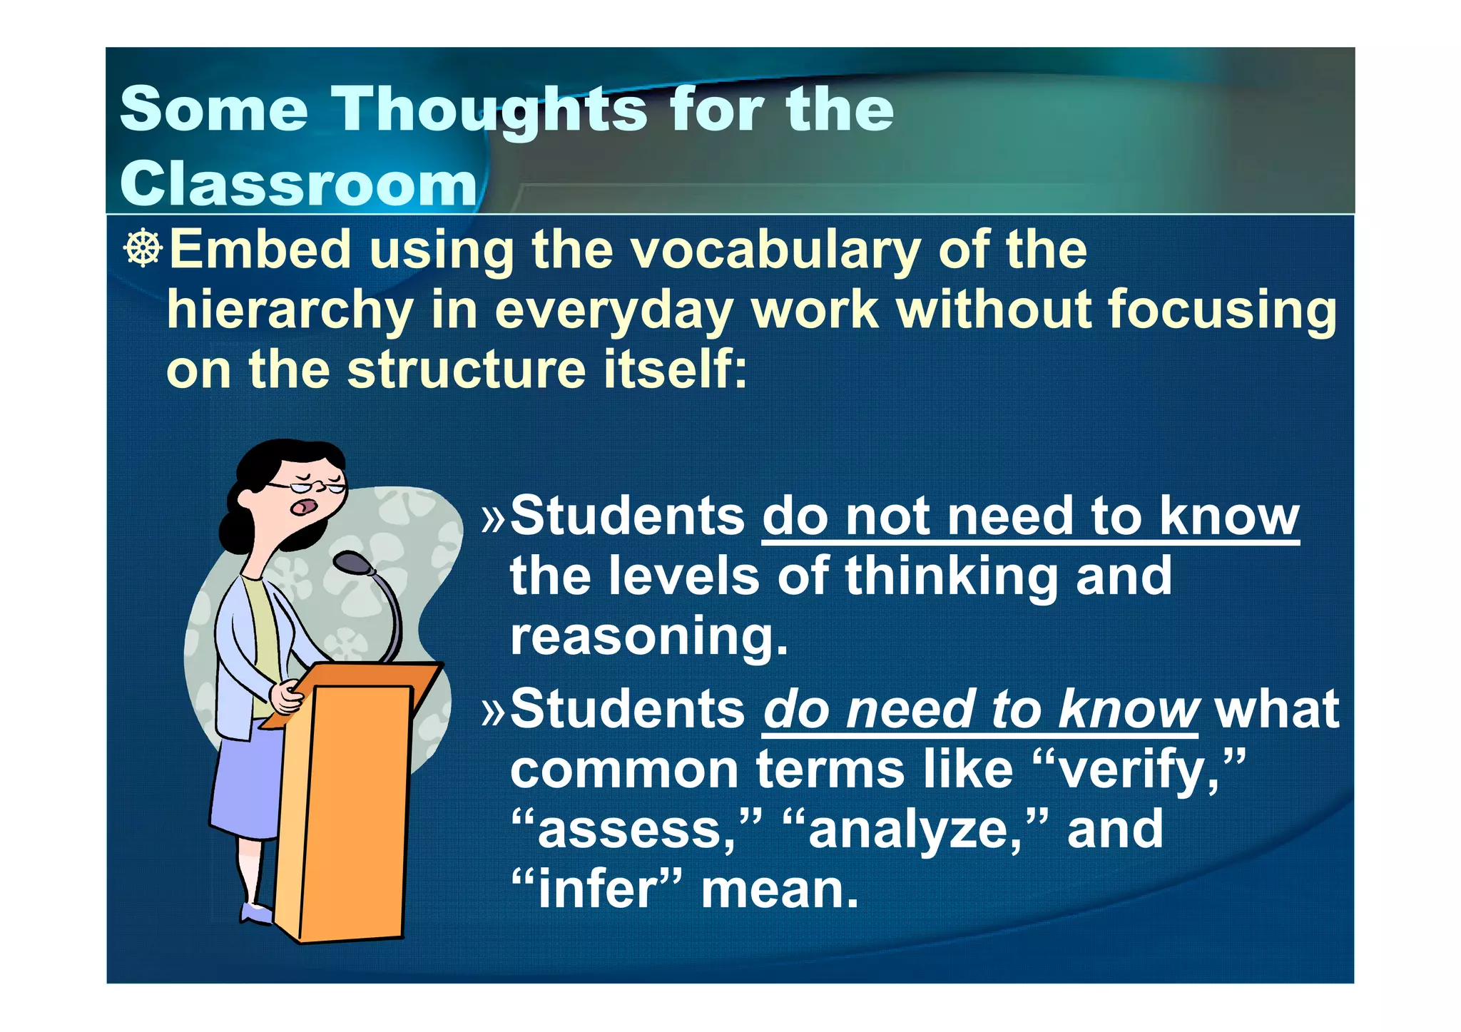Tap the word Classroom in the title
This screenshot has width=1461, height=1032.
[x=298, y=184]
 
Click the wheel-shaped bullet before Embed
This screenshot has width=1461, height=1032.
[x=143, y=249]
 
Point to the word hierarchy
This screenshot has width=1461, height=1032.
[x=290, y=312]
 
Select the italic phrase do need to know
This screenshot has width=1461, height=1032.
[x=980, y=710]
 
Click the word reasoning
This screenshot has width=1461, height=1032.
[x=648, y=636]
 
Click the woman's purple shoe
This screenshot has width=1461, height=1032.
[x=255, y=913]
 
